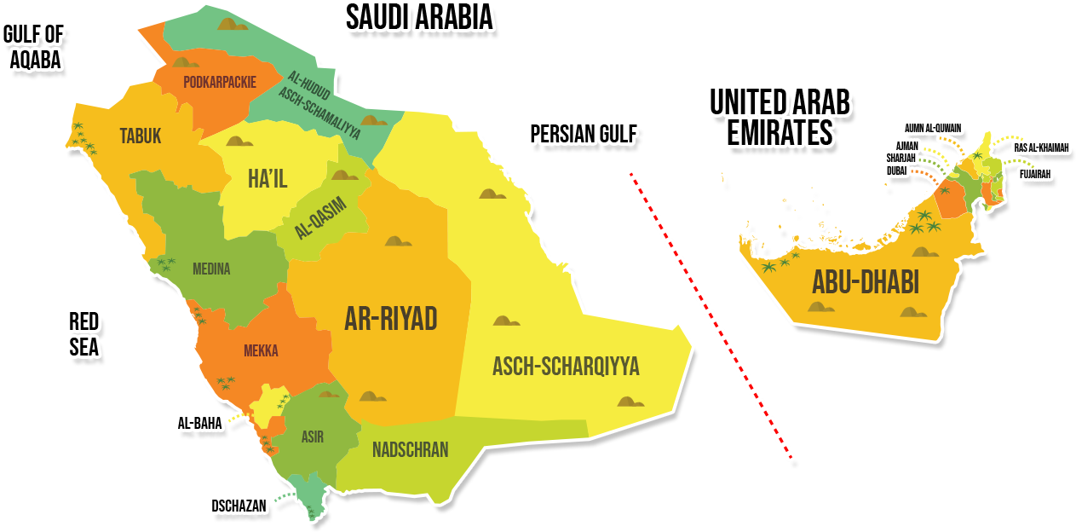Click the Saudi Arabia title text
click(x=419, y=17)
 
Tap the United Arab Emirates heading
click(x=779, y=118)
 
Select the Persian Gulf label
click(x=584, y=135)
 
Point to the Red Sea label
click(x=83, y=333)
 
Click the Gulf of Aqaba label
click(x=34, y=47)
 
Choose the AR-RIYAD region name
click(x=390, y=319)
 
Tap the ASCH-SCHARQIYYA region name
click(x=565, y=367)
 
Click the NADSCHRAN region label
click(x=410, y=449)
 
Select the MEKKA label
click(x=261, y=350)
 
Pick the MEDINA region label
click(x=211, y=269)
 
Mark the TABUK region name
click(x=141, y=136)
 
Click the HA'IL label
click(x=267, y=179)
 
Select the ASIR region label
click(x=312, y=437)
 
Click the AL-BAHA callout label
click(x=199, y=423)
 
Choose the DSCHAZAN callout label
click(x=239, y=506)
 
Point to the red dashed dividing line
click(x=711, y=314)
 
